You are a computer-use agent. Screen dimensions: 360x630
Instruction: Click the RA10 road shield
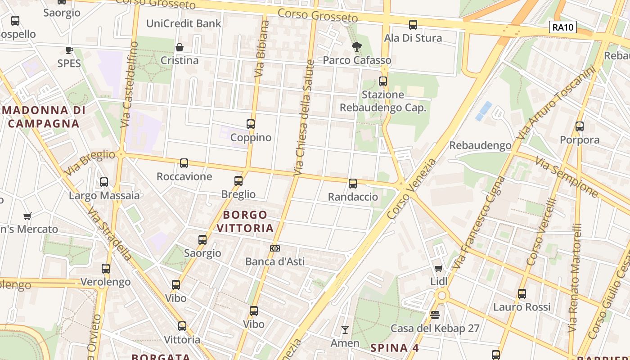point(563,27)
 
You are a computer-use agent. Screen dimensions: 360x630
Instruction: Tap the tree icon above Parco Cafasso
point(357,46)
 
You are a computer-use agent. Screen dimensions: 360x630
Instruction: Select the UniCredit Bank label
point(184,23)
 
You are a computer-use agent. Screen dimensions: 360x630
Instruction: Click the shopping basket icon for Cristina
point(179,47)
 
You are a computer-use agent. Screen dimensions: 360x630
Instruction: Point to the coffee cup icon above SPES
point(69,50)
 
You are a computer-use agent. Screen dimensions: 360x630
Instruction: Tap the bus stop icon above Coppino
point(251,124)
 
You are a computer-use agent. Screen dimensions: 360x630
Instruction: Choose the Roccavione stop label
point(184,176)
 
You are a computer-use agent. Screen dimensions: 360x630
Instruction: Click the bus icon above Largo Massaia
point(104,182)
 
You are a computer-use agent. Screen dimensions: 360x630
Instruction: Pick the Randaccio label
point(353,197)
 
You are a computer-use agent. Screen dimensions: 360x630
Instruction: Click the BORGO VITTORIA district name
point(245,221)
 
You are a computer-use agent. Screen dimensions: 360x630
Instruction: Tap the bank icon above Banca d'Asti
point(274,248)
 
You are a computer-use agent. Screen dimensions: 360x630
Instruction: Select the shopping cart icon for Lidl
point(439,268)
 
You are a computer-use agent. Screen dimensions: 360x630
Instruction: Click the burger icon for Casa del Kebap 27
point(435,315)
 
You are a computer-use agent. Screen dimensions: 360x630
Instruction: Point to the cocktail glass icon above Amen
point(345,330)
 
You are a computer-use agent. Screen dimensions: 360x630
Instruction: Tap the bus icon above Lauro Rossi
point(522,294)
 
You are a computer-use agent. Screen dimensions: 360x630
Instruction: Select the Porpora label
point(580,140)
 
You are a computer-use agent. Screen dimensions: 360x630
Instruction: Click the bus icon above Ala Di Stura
point(413,25)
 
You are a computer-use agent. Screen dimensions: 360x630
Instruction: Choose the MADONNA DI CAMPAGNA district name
point(44,117)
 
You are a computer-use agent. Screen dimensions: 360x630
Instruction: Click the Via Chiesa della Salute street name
point(304,117)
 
